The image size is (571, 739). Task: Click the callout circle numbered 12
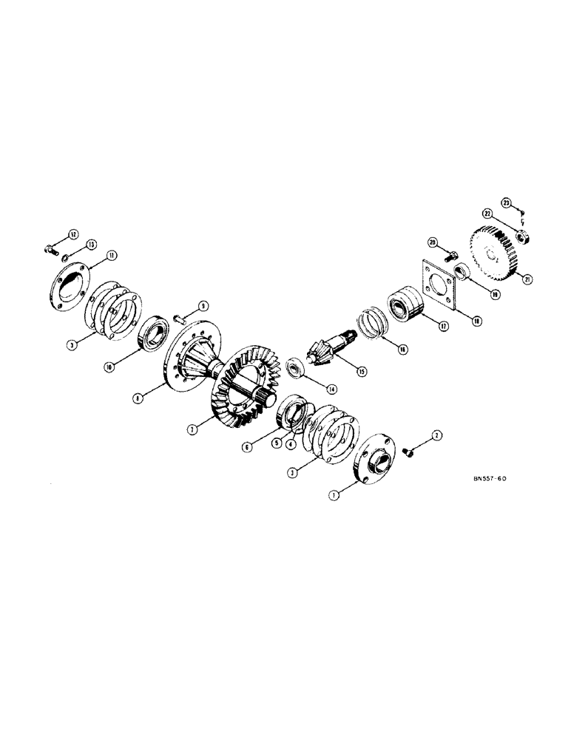point(72,234)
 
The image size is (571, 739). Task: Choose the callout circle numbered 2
point(436,437)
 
